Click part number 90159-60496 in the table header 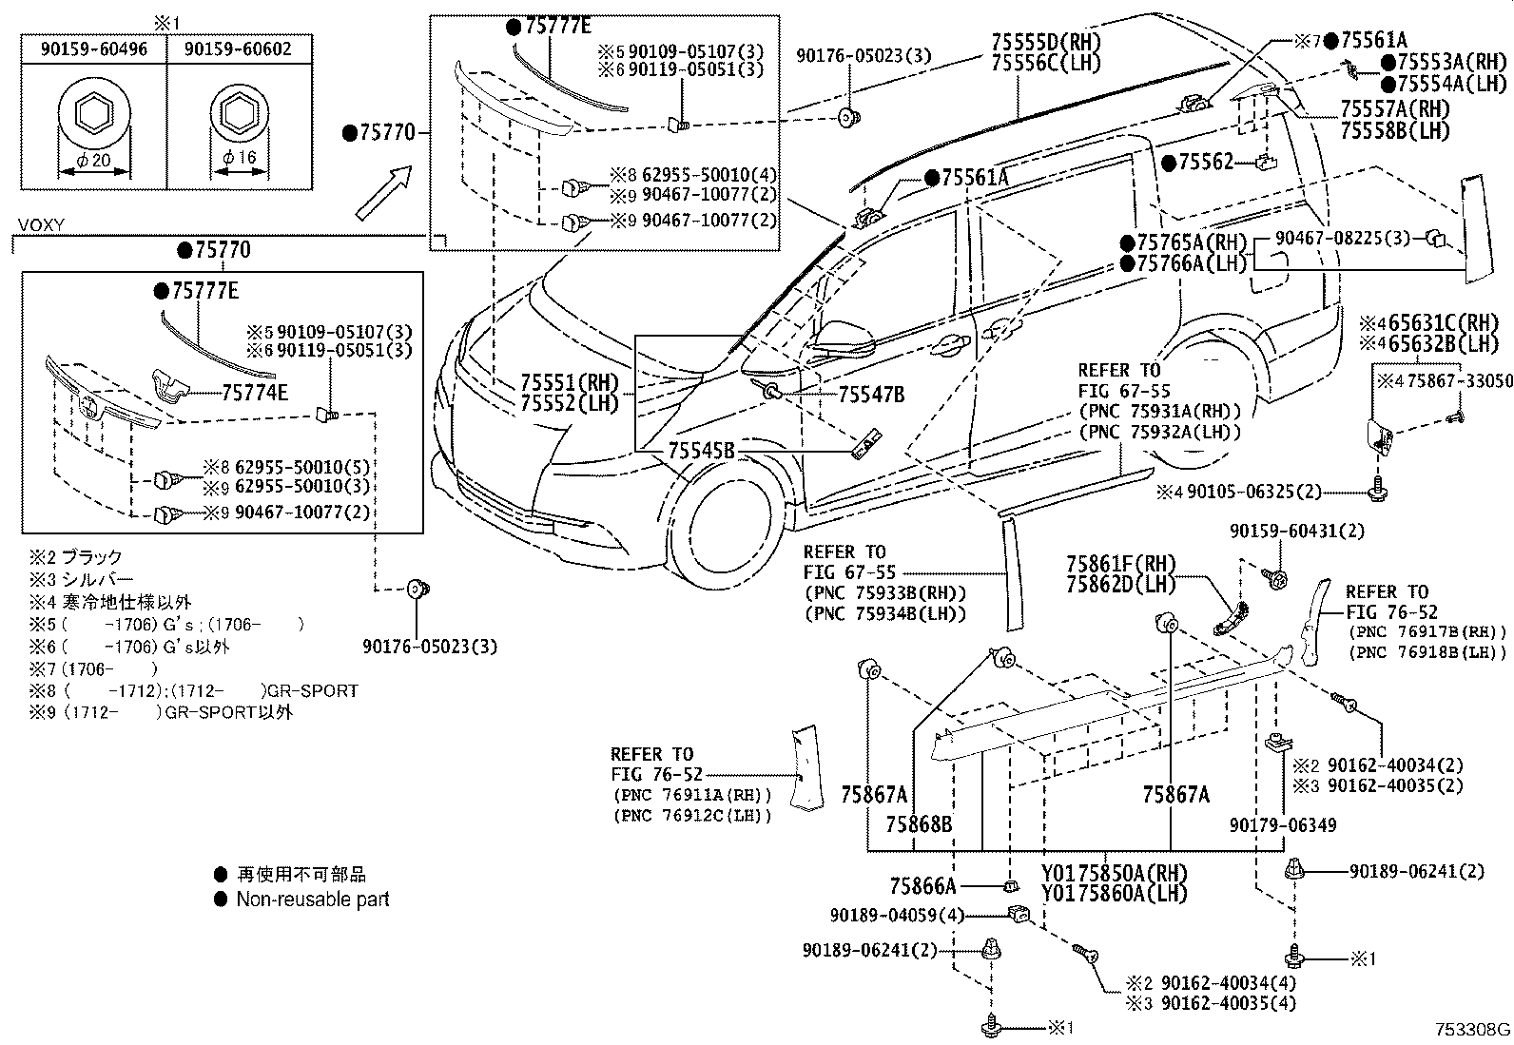pos(94,48)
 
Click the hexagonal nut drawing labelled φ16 pos(238,115)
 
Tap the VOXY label pos(41,225)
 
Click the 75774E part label pos(255,391)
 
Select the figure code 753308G pos(1472,1030)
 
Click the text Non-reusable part pos(313,900)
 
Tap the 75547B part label pos(871,395)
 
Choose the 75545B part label pos(701,450)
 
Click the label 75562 pos(1205,163)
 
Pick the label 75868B pos(919,824)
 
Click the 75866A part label pos(922,886)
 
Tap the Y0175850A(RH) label pos(1114,873)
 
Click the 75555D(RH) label pos(1045,43)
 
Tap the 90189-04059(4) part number pos(896,916)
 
